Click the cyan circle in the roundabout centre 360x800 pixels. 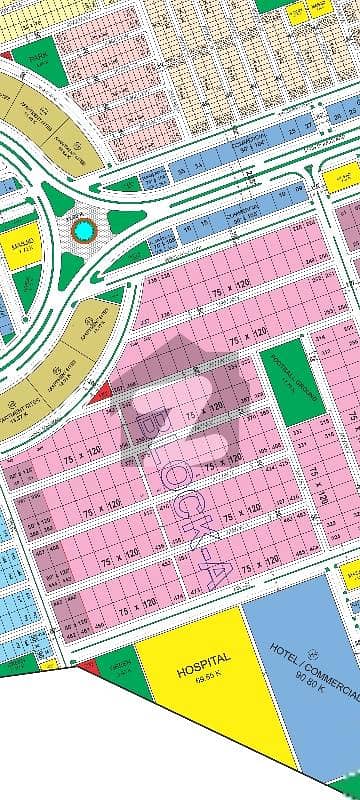click(x=84, y=232)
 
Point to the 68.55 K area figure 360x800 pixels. click(x=203, y=677)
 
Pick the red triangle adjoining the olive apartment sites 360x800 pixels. click(x=101, y=396)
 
